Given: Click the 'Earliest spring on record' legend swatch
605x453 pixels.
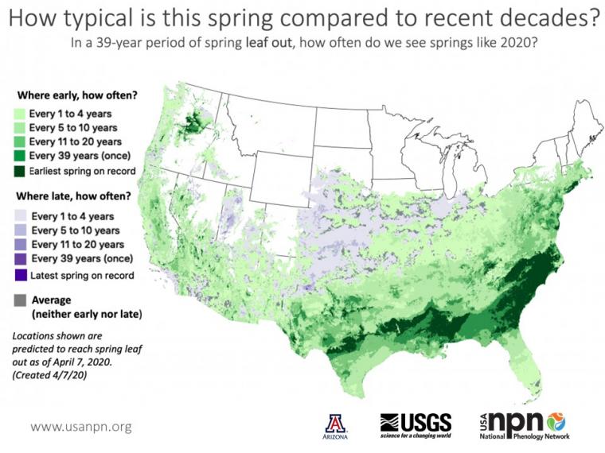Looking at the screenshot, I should tap(20, 171).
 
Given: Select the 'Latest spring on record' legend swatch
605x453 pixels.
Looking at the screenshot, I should tap(20, 276).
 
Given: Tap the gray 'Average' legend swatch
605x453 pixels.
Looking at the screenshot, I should tap(20, 300).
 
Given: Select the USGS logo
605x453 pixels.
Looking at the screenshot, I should tap(416, 422).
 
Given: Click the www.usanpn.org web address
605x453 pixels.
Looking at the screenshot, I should tap(80, 427).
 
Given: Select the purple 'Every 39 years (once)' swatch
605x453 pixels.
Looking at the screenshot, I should tap(20, 259).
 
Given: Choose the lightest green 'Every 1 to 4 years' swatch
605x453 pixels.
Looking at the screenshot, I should tap(20, 111).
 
